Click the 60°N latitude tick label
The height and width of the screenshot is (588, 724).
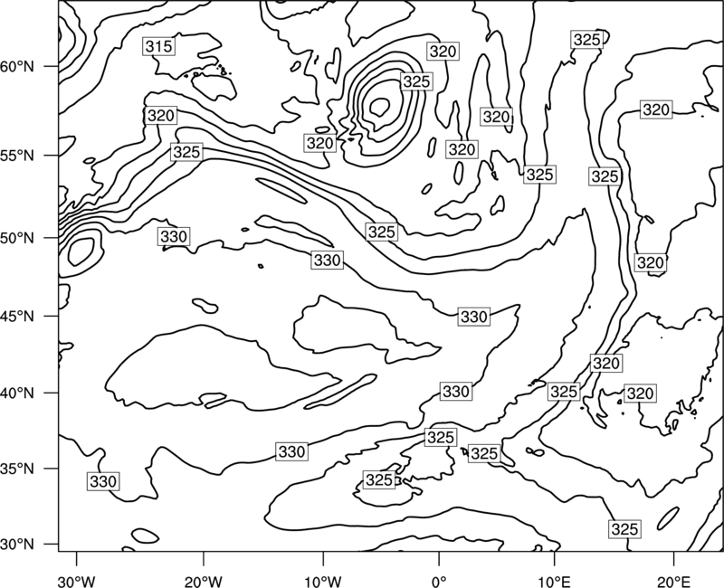click(17, 67)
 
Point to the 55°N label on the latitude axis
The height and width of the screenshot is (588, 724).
click(17, 156)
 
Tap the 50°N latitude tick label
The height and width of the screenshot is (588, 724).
click(17, 239)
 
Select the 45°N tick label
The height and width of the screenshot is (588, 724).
click(17, 317)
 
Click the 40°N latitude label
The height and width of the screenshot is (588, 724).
click(17, 394)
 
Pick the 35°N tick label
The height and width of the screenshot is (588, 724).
click(17, 469)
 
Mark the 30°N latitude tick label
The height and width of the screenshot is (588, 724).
click(17, 545)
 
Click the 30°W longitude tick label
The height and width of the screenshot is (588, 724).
click(77, 581)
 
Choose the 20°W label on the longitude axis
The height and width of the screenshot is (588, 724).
click(203, 581)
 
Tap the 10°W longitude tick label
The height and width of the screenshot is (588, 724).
click(323, 581)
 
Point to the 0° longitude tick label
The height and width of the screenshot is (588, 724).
click(439, 581)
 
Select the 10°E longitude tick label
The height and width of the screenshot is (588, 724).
click(554, 581)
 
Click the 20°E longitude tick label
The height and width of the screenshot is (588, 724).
click(673, 581)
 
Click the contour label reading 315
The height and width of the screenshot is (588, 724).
click(159, 46)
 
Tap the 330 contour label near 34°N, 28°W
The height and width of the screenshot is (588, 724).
click(103, 481)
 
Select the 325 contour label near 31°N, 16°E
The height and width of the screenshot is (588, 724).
click(624, 529)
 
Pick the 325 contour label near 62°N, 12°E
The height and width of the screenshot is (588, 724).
click(586, 40)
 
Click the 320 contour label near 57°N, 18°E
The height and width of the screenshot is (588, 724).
click(656, 109)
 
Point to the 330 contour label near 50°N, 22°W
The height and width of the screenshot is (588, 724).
click(174, 236)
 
